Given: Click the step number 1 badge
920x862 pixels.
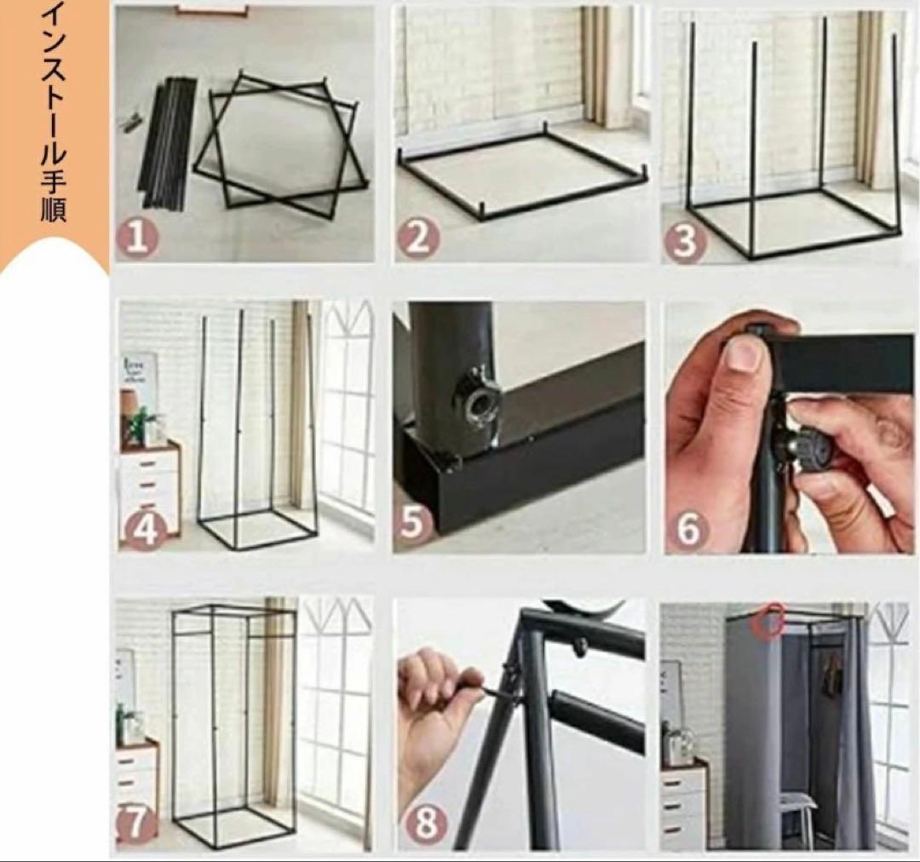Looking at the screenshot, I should pos(137,238).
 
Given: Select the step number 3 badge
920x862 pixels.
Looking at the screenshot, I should pos(684,241).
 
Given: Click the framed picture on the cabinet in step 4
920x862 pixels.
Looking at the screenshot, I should pos(140,372).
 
